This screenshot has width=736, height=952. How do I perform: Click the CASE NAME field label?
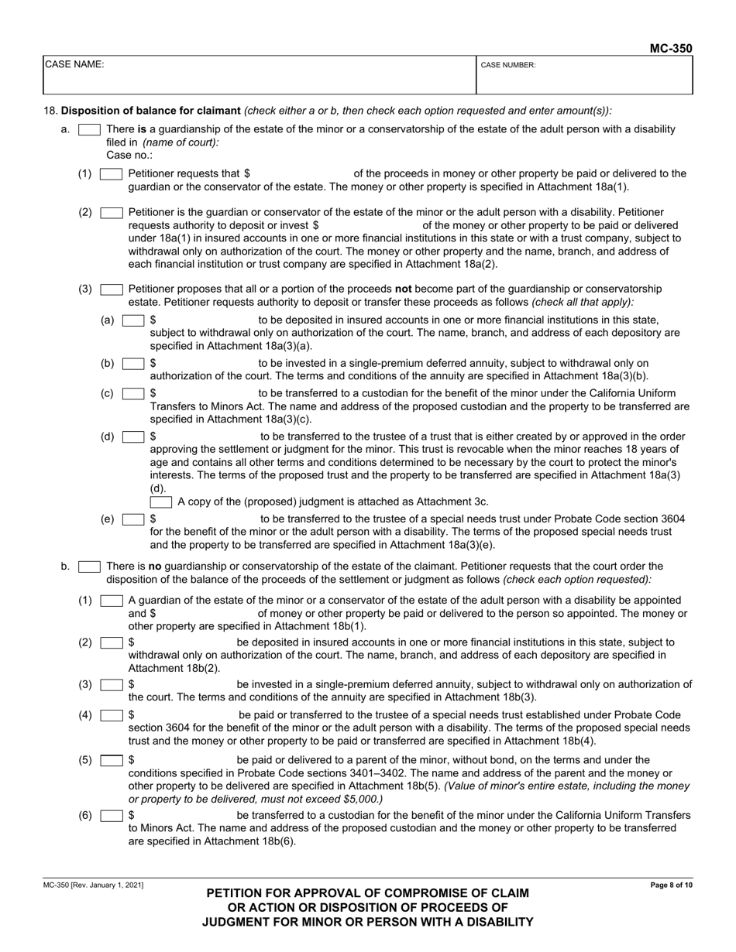click(x=74, y=65)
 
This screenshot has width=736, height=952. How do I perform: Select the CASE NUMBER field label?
click(x=508, y=66)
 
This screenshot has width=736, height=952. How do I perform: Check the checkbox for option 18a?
click(x=89, y=129)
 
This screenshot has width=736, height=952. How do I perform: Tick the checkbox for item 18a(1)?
click(x=112, y=174)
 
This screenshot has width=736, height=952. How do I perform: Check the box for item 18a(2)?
click(x=112, y=212)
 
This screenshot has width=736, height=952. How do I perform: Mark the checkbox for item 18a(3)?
click(x=112, y=289)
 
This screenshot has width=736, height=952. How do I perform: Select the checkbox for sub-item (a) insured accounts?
click(x=133, y=320)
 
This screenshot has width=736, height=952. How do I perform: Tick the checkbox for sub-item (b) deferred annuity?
click(x=133, y=363)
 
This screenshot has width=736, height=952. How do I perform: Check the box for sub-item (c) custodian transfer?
click(x=133, y=394)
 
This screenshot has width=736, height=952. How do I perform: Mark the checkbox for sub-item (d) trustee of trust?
click(x=133, y=437)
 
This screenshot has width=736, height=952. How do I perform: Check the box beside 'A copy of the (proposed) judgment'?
click(x=161, y=502)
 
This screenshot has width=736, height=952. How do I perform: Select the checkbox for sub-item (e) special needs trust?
click(x=133, y=519)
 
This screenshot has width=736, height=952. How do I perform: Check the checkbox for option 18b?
click(x=89, y=567)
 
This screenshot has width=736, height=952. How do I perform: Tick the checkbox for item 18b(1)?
click(x=112, y=601)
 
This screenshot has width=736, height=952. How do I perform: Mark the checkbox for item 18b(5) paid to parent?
click(x=112, y=760)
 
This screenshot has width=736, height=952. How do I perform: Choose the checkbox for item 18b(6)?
click(x=112, y=815)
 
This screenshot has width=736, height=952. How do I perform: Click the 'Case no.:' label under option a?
click(x=129, y=155)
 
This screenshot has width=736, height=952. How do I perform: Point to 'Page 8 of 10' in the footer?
click(x=672, y=885)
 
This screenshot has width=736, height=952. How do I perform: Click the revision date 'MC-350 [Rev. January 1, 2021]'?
click(x=93, y=885)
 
